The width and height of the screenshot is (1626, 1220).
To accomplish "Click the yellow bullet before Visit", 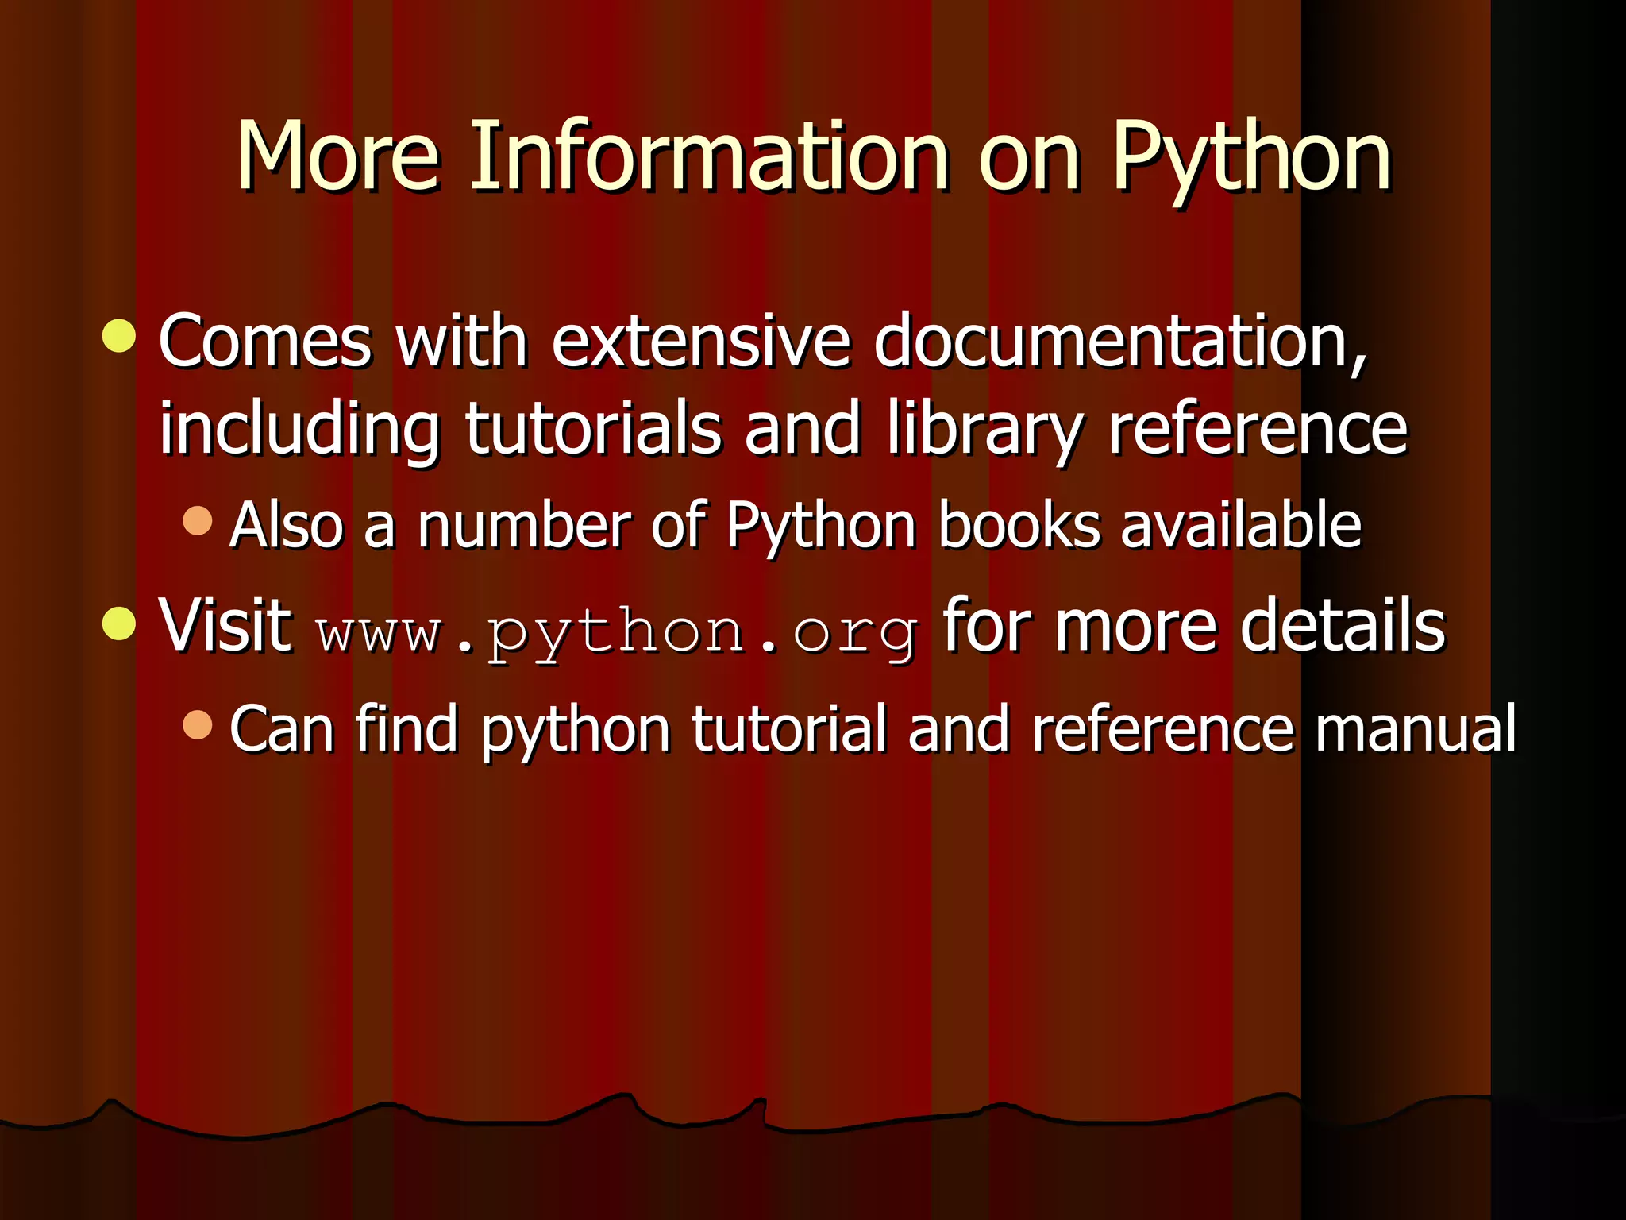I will (x=120, y=623).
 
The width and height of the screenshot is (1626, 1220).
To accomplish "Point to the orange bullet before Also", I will (x=198, y=521).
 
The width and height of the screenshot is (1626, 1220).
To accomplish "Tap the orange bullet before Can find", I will (x=198, y=724).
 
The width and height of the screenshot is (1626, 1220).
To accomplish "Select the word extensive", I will (x=701, y=342).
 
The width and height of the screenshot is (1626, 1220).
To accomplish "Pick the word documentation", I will (x=1120, y=342).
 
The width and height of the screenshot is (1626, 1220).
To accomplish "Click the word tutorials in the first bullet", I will (x=593, y=429).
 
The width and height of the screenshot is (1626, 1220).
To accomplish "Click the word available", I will (x=1240, y=526).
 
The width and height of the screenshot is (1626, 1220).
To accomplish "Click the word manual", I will (x=1414, y=728).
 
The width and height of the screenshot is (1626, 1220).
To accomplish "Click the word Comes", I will (x=264, y=342).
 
